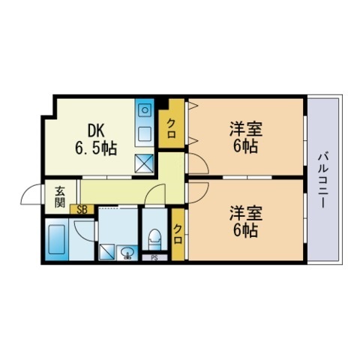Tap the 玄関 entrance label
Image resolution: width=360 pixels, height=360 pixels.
59,199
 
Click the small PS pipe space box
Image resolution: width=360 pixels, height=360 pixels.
154,257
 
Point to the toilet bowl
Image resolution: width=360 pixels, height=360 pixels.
155,238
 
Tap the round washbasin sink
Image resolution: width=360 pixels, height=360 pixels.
128,253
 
